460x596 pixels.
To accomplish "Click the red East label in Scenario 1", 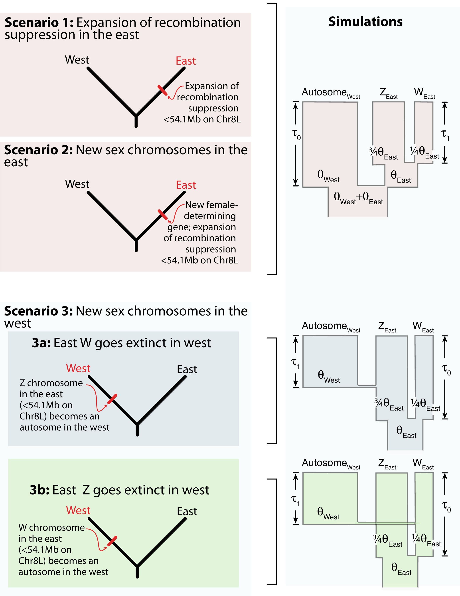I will pos(186,61).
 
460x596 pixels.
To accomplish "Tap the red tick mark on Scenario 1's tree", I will pos(162,90).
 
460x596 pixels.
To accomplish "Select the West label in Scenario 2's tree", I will pos(77,184).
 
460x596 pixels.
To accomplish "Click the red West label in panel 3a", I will pos(78,368).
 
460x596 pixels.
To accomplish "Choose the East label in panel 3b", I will pos(187,511).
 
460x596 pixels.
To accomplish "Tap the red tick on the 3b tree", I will pos(112,541).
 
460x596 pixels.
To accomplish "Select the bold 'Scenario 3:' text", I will pos(38,311).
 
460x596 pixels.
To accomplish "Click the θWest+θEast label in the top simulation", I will pos(358,198).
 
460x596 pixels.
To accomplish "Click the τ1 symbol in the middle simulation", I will pos(296,363).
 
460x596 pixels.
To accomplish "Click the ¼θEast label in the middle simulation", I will pos(425,404).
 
